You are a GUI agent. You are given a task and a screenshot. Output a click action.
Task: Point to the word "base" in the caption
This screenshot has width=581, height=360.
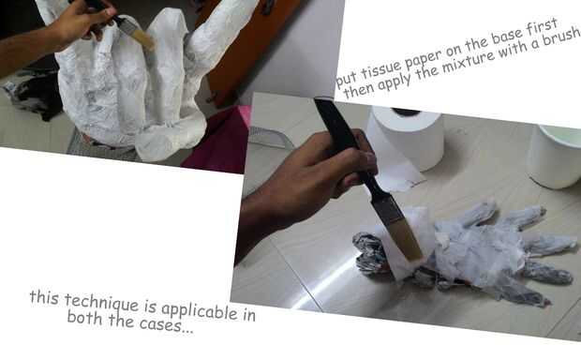coord(507,37)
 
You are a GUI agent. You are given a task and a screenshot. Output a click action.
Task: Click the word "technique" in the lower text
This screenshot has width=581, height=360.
coord(101,302)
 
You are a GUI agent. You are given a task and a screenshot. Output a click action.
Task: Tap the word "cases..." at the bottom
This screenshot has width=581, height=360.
coord(167,325)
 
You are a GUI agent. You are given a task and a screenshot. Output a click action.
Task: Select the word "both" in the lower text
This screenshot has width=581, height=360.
coord(84,318)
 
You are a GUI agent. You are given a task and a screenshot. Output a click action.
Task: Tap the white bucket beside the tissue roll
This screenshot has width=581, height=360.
coord(555,157)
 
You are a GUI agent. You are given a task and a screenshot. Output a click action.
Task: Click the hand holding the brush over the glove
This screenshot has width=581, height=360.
coord(311,174)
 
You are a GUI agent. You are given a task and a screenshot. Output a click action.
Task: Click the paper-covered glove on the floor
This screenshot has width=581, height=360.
coord(467,252)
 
